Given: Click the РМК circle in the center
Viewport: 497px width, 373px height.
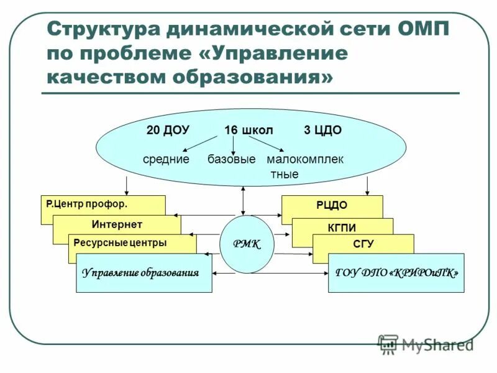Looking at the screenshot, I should [x=247, y=244].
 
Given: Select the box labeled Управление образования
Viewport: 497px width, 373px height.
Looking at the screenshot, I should [x=144, y=273].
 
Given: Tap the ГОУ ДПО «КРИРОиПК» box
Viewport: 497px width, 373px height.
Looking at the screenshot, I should [x=396, y=273].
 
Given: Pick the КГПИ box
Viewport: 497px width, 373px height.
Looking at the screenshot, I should [x=342, y=228].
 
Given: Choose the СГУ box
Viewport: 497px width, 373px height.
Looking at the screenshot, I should [x=363, y=244].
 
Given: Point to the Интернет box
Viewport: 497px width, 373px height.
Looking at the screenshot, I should [x=117, y=224].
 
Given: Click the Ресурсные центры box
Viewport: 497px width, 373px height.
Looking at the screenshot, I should [x=120, y=243].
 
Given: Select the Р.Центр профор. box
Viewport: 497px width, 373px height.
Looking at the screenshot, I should [x=86, y=204].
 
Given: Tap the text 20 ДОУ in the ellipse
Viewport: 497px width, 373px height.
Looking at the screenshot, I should [x=168, y=131].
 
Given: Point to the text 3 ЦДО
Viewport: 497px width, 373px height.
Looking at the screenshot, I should [x=322, y=131].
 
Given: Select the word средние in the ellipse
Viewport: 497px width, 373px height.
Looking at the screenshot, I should [x=166, y=159].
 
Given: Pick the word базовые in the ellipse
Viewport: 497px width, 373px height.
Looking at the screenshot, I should [x=232, y=159].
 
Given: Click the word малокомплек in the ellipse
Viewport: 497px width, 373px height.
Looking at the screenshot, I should [x=305, y=159].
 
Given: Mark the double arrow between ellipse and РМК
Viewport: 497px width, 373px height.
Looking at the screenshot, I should [x=243, y=200].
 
